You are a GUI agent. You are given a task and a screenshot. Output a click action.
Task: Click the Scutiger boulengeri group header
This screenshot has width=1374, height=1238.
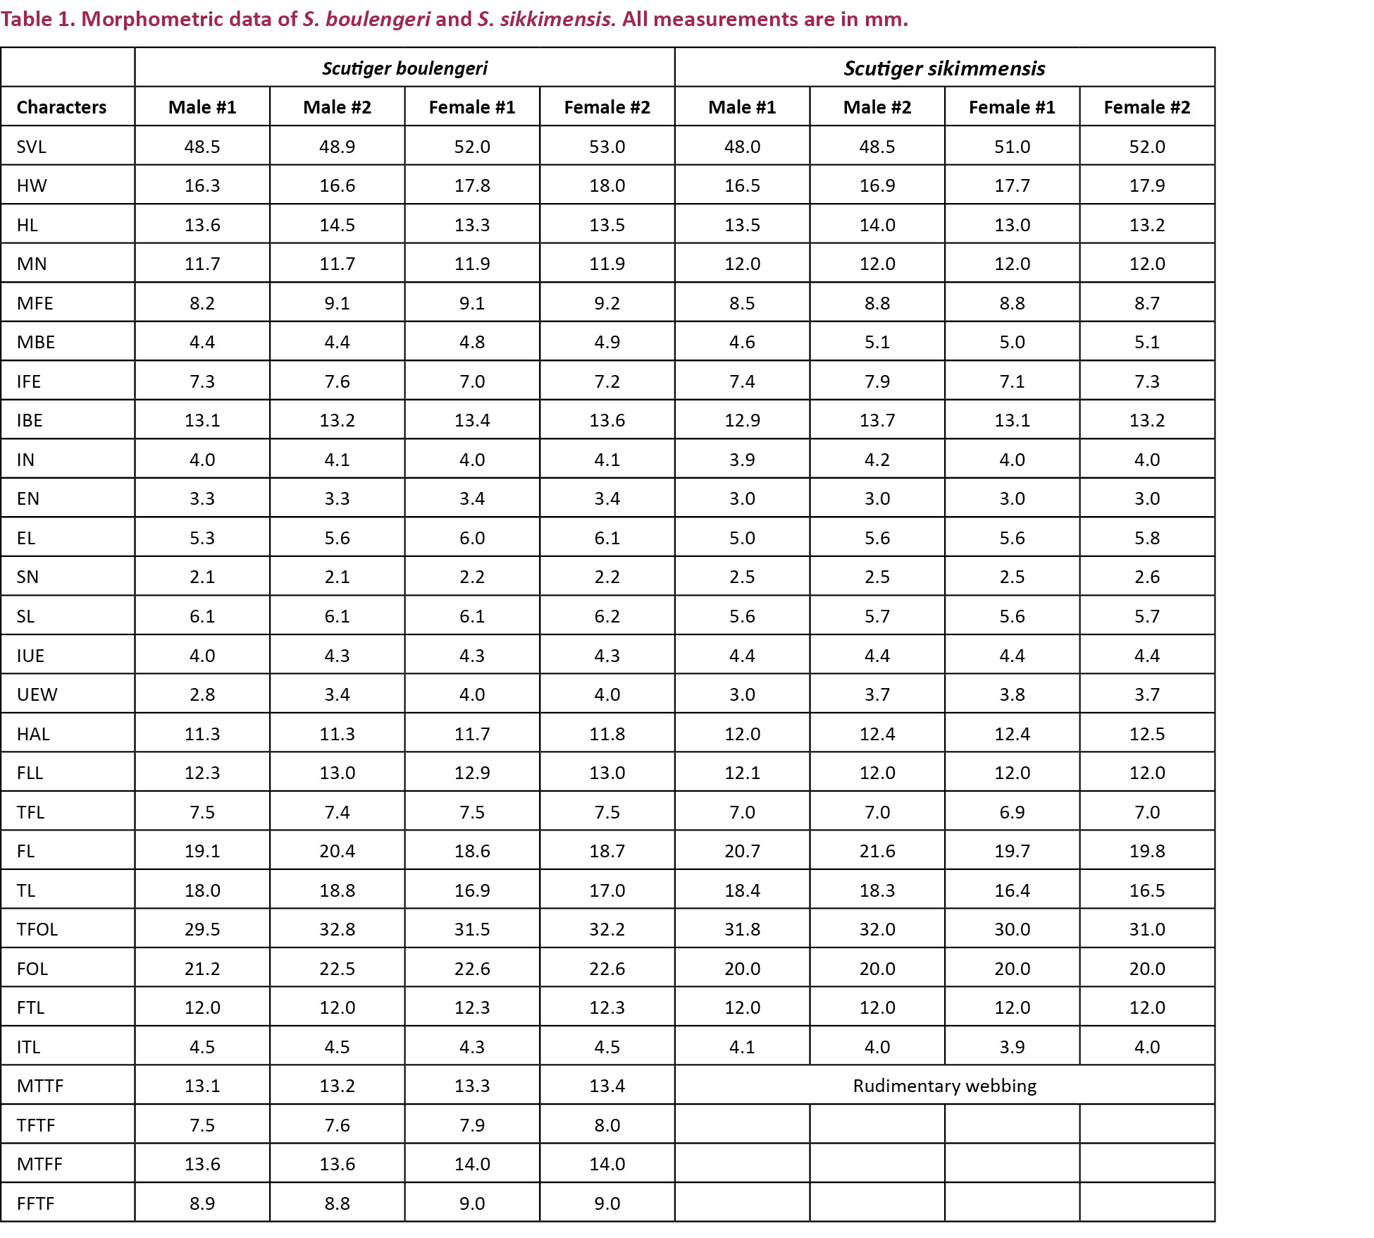(404, 68)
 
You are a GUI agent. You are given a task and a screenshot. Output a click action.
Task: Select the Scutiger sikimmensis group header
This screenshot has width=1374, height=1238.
(944, 68)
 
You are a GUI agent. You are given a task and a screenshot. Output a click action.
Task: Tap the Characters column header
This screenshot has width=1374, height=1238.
(61, 107)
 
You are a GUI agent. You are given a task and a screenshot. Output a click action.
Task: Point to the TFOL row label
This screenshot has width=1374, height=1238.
(37, 929)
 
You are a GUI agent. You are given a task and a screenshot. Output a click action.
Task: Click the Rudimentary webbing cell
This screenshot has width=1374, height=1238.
(944, 1086)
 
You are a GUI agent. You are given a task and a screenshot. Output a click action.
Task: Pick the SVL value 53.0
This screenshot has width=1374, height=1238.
(607, 147)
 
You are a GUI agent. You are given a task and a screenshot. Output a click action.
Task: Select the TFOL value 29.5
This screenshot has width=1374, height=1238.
(202, 929)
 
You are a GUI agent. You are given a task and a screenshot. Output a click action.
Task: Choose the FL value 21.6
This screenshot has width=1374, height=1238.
(877, 851)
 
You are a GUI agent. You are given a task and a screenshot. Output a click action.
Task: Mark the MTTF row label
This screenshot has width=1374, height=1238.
(40, 1086)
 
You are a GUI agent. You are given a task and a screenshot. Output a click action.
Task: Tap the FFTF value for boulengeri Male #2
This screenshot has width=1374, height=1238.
(337, 1203)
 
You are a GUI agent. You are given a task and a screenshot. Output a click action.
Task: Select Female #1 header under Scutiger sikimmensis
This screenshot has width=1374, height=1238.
(1012, 107)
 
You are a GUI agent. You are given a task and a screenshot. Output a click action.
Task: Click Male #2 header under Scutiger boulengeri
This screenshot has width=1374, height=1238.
(337, 107)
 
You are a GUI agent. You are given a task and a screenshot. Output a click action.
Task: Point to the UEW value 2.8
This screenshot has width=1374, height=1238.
(202, 694)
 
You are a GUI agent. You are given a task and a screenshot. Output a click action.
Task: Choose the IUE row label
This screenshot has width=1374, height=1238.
(30, 656)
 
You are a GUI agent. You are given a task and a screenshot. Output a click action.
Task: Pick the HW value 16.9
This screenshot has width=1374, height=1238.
(877, 185)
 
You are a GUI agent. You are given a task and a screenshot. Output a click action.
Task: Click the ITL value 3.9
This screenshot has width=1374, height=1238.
(1012, 1047)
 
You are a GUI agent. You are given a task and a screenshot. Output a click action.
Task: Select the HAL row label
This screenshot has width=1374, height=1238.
(33, 734)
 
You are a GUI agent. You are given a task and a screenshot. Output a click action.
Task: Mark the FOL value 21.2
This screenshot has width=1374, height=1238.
(202, 969)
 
